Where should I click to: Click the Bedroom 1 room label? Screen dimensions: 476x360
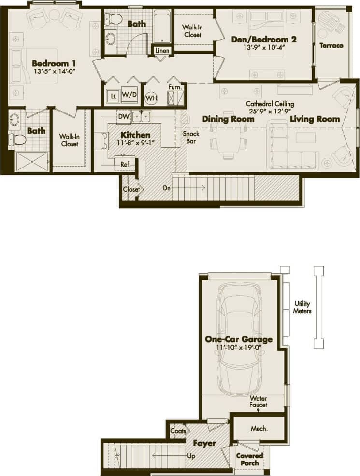[54, 63]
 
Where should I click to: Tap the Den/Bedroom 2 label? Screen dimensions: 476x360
[263, 40]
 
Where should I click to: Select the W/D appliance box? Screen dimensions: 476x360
[129, 95]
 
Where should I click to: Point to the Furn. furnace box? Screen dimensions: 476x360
[175, 88]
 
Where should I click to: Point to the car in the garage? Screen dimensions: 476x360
[239, 339]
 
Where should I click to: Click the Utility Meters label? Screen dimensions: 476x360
[302, 308]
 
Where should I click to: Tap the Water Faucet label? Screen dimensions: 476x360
[259, 402]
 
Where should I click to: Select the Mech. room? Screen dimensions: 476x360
[259, 428]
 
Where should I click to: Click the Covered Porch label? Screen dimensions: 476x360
[249, 459]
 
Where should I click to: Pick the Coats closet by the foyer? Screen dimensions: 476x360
[176, 431]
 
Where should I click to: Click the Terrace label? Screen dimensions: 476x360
[331, 45]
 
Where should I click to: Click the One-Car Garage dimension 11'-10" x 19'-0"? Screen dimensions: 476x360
[239, 348]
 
